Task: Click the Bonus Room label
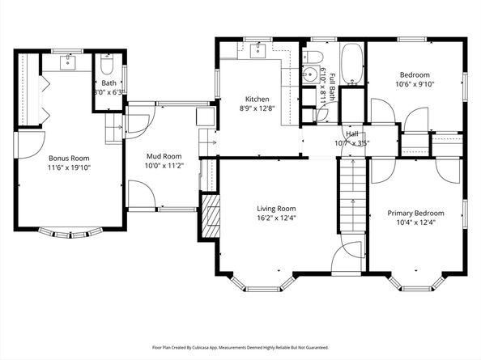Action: (x=69, y=158)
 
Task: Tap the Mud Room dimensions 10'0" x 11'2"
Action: (x=164, y=166)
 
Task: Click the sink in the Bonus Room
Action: (x=68, y=61)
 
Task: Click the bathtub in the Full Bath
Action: (x=352, y=65)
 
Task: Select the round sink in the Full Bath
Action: (x=308, y=75)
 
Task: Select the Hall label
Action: (x=353, y=134)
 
